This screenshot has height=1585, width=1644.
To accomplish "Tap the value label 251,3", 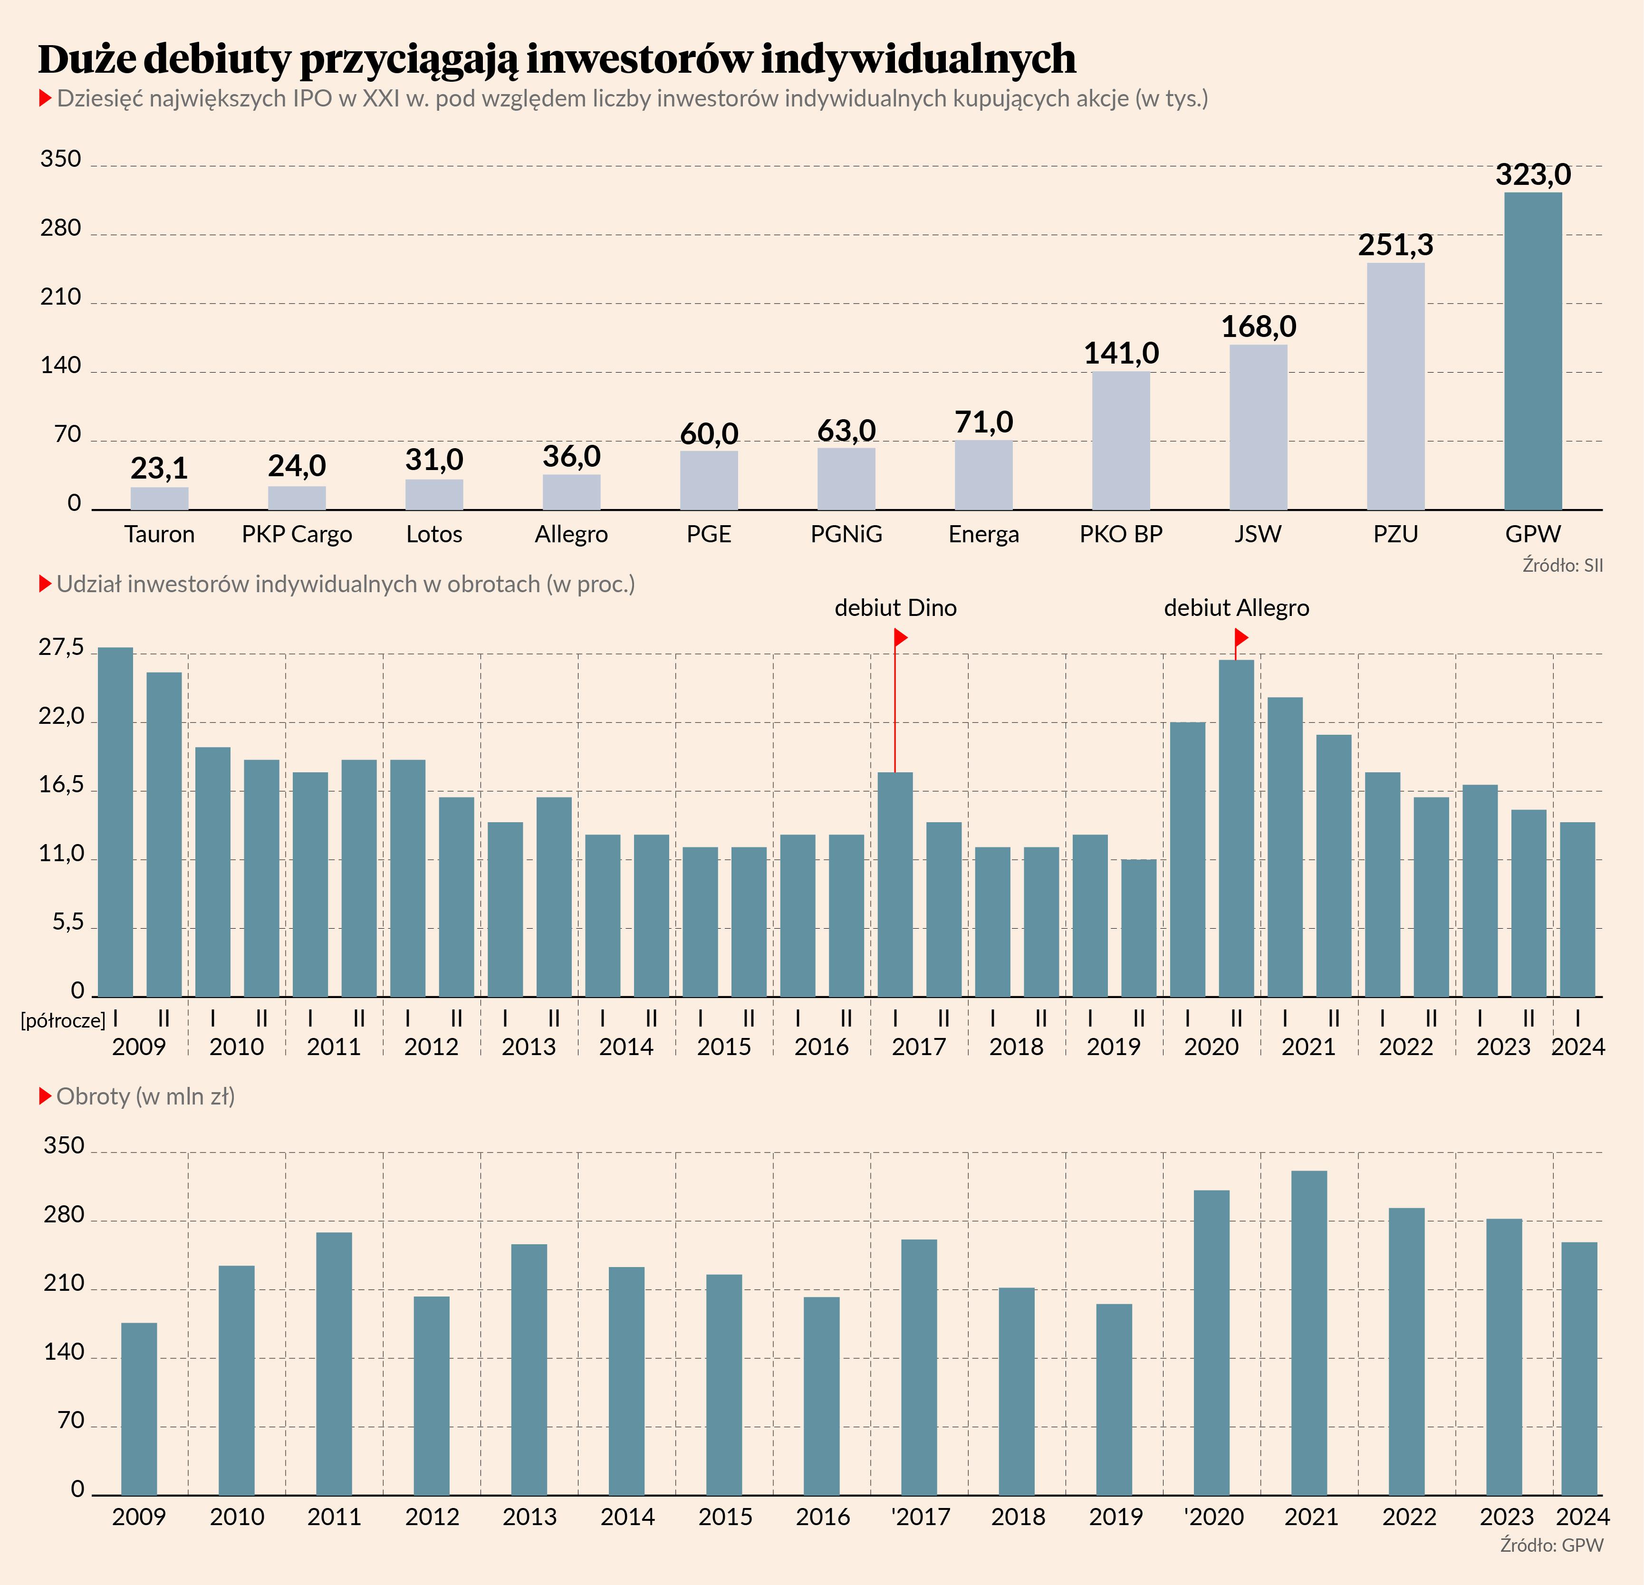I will [x=1396, y=245].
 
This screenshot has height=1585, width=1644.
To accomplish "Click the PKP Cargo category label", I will [x=297, y=534].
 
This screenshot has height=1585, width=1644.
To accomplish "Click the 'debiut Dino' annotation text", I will [x=895, y=608].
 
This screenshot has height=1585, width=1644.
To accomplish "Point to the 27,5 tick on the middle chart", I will [x=62, y=647].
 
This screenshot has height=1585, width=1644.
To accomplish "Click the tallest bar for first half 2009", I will [x=116, y=822].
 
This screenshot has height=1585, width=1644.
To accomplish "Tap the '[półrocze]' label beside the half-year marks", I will [x=63, y=1020].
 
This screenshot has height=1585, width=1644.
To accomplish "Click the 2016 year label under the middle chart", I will [x=821, y=1047].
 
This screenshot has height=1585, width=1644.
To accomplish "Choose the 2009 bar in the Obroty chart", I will [x=139, y=1409].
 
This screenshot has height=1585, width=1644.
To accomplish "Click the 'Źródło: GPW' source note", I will [x=1552, y=1545].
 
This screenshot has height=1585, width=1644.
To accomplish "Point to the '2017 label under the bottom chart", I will [x=920, y=1516].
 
